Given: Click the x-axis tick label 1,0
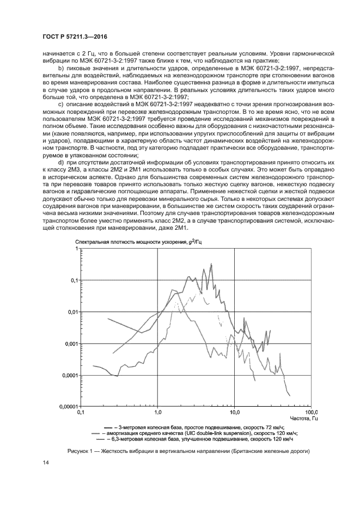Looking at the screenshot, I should tap(158, 413).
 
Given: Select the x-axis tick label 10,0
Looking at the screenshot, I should tap(235, 413).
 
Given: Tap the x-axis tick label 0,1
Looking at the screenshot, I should tap(81, 413).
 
